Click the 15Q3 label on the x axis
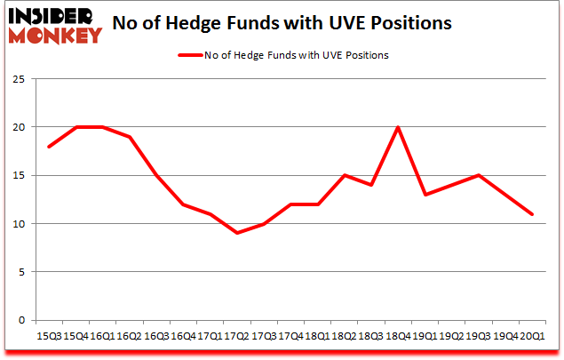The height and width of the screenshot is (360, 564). tap(49, 335)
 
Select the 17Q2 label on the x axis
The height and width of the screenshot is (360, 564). tap(237, 335)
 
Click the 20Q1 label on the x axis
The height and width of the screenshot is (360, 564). tap(533, 335)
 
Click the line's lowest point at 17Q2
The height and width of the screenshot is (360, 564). tap(237, 233)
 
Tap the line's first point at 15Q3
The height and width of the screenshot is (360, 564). tap(49, 146)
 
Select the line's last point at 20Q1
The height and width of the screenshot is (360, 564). tap(533, 213)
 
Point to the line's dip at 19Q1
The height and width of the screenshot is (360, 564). tap(425, 194)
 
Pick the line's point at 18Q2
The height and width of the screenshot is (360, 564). tap(345, 175)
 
